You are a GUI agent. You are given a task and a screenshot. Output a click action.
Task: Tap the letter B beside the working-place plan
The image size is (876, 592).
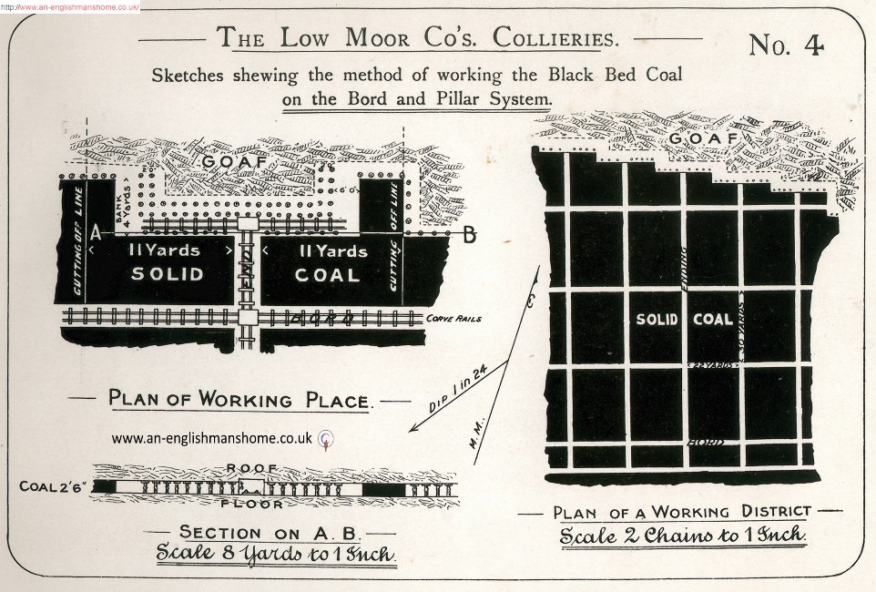[469, 236]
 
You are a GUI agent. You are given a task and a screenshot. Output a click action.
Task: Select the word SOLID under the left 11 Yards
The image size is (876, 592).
[167, 274]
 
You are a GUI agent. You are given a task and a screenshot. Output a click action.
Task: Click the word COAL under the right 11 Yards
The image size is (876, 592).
[328, 274]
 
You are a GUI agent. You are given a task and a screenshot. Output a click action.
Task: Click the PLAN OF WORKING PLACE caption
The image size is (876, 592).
[239, 399]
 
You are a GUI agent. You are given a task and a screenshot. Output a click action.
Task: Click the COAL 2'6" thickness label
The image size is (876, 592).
[53, 486]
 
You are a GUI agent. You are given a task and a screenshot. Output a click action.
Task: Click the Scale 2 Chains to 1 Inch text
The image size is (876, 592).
[682, 535]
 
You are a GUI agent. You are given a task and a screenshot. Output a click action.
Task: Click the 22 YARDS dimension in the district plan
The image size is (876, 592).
[711, 365]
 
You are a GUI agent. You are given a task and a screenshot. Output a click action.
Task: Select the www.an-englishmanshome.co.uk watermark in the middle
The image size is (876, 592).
[213, 438]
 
